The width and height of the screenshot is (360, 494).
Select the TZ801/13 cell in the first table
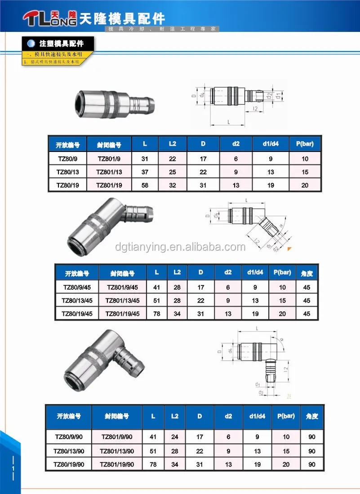point(109,172)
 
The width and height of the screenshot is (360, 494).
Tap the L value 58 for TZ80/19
point(145,185)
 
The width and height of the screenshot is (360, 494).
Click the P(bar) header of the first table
point(305,144)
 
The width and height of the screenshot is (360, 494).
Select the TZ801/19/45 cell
point(122,314)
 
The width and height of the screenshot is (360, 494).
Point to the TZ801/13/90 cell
point(117,451)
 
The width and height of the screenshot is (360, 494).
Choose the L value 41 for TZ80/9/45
point(156,287)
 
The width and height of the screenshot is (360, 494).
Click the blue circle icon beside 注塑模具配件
point(31,44)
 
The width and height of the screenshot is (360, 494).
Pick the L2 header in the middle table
point(177,272)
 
